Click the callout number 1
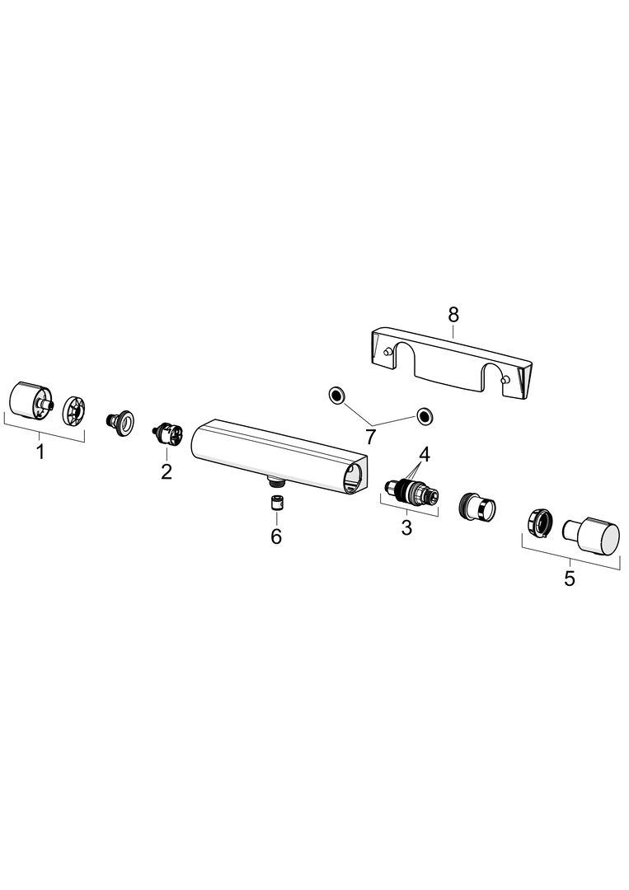click(40, 452)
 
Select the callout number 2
click(166, 471)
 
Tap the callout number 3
click(406, 527)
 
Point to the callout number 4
click(424, 454)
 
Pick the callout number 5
click(570, 578)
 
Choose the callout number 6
click(276, 536)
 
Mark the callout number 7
click(371, 437)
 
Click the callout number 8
click(453, 314)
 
